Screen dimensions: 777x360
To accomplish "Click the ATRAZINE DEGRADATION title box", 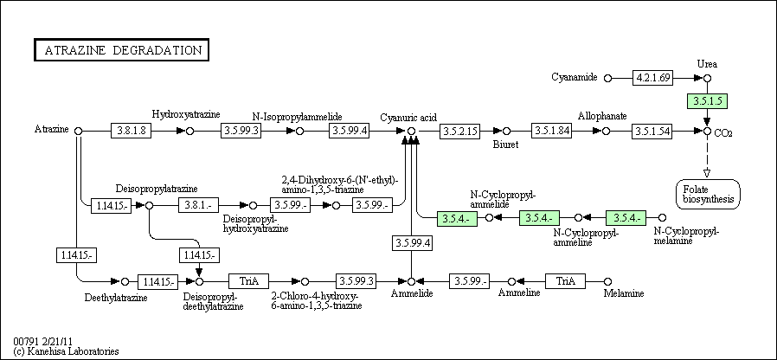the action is (121, 50).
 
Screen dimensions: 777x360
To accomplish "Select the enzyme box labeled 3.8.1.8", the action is (131, 131).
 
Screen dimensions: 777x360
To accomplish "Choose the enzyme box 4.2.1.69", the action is (652, 78).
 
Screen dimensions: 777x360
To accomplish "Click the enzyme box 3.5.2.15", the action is (459, 131).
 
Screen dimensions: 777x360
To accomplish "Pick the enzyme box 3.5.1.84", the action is (551, 131).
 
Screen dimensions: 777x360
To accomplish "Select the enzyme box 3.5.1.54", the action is (652, 131).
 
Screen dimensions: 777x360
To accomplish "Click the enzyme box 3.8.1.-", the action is (198, 205).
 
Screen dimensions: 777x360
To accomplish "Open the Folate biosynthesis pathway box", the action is (708, 194).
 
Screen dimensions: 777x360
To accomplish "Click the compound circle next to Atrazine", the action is (78, 131).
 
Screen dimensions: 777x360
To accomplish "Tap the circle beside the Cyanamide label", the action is (608, 79).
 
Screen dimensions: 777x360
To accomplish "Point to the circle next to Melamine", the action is (608, 281).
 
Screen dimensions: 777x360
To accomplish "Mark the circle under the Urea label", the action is (708, 79).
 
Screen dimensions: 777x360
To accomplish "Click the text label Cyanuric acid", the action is (408, 118).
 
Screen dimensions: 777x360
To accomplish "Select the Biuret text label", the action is (505, 145).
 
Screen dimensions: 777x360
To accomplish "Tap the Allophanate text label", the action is (602, 116).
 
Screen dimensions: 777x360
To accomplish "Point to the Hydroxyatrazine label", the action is (186, 114).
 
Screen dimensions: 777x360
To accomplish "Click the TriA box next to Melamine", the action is (565, 281).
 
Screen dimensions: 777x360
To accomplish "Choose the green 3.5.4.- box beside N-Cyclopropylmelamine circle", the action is (626, 218).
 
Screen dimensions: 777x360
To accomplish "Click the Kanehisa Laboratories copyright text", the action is (67, 351).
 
